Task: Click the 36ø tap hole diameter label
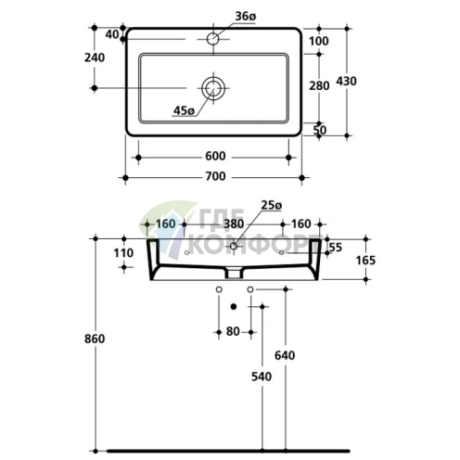(246, 17)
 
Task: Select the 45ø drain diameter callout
(184, 110)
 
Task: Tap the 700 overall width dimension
(215, 176)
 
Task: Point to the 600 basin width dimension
(215, 156)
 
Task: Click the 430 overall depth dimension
(346, 81)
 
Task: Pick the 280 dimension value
(319, 85)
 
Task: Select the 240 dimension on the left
(95, 57)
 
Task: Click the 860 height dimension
(95, 339)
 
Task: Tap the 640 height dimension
(285, 355)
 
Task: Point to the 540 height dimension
(262, 377)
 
